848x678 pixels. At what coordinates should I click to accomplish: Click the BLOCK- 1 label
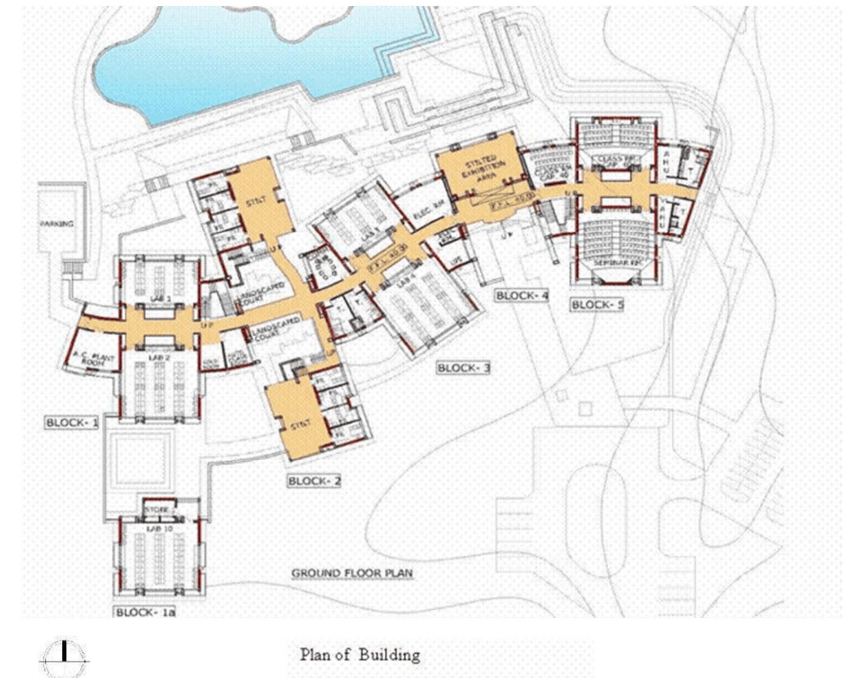point(72,422)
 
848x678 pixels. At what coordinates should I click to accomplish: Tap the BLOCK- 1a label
point(145,612)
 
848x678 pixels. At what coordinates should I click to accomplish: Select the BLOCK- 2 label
point(314,481)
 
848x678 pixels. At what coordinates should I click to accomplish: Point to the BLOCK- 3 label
point(463,368)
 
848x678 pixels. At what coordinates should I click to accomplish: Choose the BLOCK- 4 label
point(522,295)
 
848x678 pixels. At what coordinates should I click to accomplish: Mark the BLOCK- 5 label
point(597,305)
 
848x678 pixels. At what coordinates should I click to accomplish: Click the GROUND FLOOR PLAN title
point(352,573)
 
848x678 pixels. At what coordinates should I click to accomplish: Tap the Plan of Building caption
point(359,655)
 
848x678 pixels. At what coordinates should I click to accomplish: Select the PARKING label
point(57,224)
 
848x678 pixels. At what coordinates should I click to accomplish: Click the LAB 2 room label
point(159,358)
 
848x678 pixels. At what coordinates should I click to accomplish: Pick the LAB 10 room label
point(159,528)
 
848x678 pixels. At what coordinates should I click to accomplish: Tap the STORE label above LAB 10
point(157,509)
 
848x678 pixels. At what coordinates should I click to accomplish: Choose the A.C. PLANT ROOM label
point(94,360)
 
